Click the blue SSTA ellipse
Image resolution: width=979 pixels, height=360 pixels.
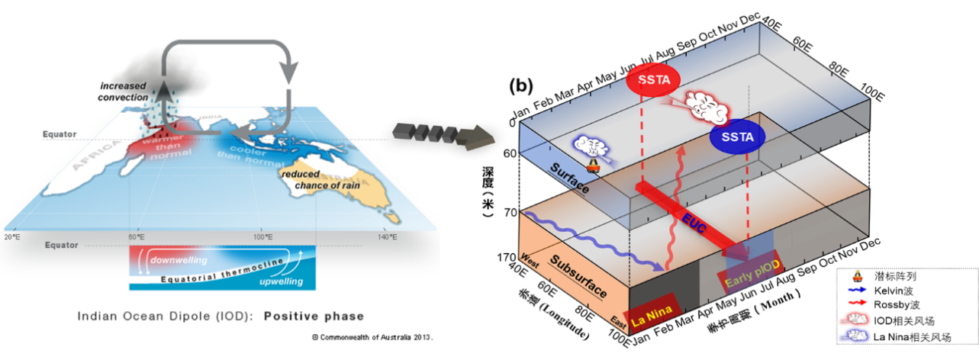737,137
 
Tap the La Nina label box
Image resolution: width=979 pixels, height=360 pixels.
651,311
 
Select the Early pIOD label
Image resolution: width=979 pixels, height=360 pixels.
749,277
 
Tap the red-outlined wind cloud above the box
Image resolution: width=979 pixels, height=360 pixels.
707,108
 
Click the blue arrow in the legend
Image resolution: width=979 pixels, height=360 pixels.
857,290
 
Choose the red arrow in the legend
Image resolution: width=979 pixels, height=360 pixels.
857,302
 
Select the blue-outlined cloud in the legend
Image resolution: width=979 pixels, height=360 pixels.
856,335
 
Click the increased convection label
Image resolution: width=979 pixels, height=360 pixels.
124,89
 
